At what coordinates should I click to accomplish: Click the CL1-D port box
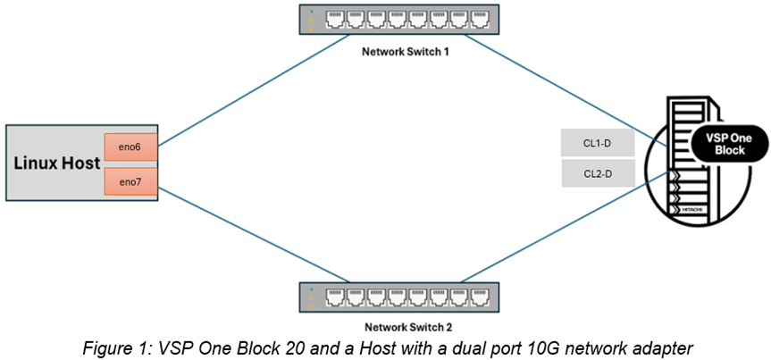tap(598, 141)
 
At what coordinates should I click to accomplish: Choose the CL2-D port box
tap(598, 173)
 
